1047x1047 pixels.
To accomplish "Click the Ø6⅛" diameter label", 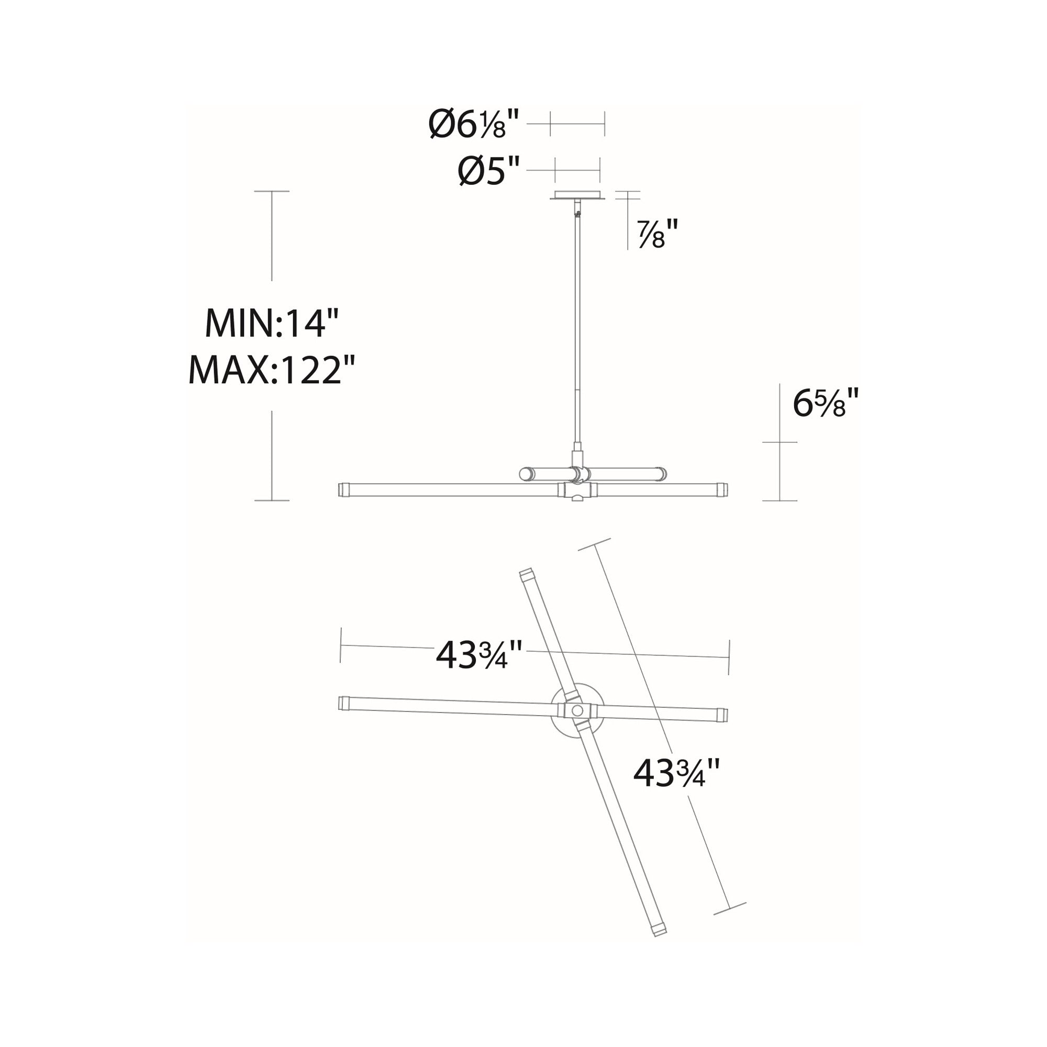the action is [474, 124].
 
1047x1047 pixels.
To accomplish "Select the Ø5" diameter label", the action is [489, 171].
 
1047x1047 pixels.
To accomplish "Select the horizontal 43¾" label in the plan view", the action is [479, 655].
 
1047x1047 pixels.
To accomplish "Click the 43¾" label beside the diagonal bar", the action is [677, 773].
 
